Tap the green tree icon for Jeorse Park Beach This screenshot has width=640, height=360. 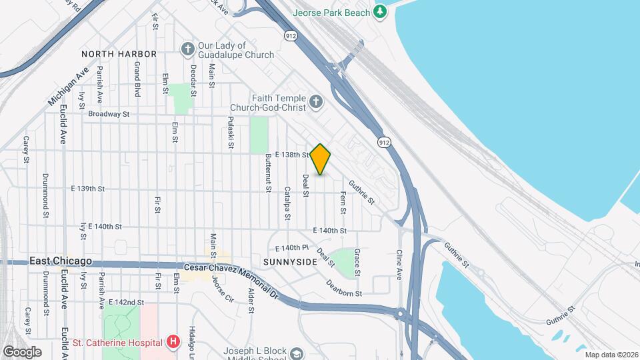tap(380, 11)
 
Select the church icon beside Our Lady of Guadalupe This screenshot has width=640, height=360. tap(188, 49)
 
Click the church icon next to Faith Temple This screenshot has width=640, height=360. tap(316, 102)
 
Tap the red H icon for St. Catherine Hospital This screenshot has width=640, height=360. tap(173, 343)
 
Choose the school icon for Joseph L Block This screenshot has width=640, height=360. tap(297, 353)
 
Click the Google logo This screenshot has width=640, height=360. tap(22, 351)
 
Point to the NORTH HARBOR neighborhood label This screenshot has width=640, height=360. tap(119, 53)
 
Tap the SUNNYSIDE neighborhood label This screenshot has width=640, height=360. tap(289, 262)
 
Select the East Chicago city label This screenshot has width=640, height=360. tap(61, 262)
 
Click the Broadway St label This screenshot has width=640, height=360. tap(108, 114)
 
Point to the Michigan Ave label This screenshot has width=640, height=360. tap(69, 87)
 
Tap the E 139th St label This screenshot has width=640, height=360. tap(87, 189)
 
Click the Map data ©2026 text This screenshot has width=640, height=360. tap(611, 355)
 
